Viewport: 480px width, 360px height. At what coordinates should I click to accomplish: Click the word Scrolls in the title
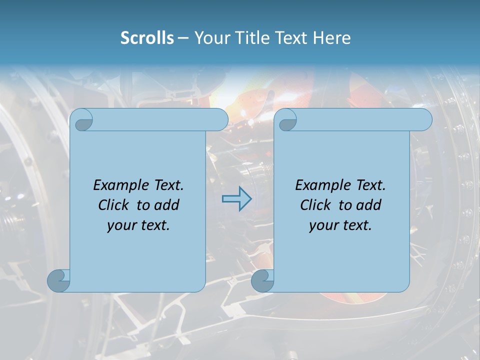click(x=147, y=38)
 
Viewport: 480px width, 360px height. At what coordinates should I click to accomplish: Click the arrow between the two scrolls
click(x=236, y=198)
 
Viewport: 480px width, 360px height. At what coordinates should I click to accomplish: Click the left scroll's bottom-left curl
click(x=58, y=280)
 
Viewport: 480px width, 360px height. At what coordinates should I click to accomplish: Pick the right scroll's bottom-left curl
click(x=261, y=280)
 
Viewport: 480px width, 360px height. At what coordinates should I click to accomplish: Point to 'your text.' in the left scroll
click(x=138, y=225)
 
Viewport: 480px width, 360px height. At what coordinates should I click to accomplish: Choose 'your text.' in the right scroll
click(x=340, y=225)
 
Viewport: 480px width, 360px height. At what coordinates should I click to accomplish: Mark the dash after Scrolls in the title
click(x=183, y=38)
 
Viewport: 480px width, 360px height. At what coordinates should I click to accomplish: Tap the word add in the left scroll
click(x=167, y=205)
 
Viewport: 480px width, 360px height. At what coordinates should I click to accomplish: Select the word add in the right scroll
click(x=369, y=205)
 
